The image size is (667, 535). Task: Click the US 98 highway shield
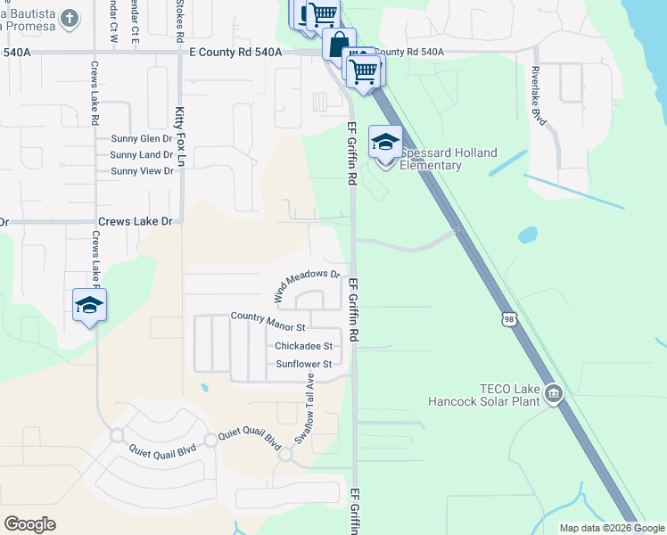point(507,318)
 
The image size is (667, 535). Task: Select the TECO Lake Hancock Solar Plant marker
point(554,392)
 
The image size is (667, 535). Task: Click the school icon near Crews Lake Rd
point(89,306)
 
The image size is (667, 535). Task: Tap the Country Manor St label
point(268,317)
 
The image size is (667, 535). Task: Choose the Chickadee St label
point(303,346)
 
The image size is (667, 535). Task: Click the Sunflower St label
point(303,364)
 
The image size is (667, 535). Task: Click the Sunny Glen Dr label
point(141,139)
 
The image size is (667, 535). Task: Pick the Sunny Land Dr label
point(141,155)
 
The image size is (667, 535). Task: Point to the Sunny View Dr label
point(141,171)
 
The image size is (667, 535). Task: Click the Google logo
point(29,524)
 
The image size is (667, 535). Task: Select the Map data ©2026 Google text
point(613,528)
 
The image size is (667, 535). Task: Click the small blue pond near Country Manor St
point(205,388)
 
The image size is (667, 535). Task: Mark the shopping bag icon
point(339,43)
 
